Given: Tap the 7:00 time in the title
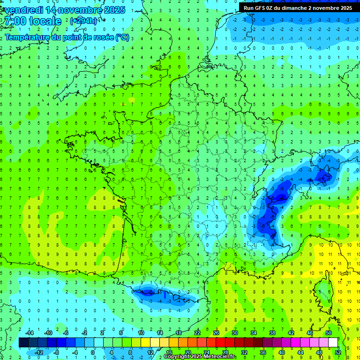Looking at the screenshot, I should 14,21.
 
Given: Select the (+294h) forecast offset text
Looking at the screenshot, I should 83,21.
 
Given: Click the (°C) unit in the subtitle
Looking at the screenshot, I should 122,37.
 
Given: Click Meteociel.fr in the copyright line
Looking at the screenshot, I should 220,357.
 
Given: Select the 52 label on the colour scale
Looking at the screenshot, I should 338,352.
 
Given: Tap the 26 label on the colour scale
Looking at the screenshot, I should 216,333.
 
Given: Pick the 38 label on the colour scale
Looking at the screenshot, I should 272,333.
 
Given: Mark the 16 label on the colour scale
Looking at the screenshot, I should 169,352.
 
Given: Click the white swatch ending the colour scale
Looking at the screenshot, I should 333,343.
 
